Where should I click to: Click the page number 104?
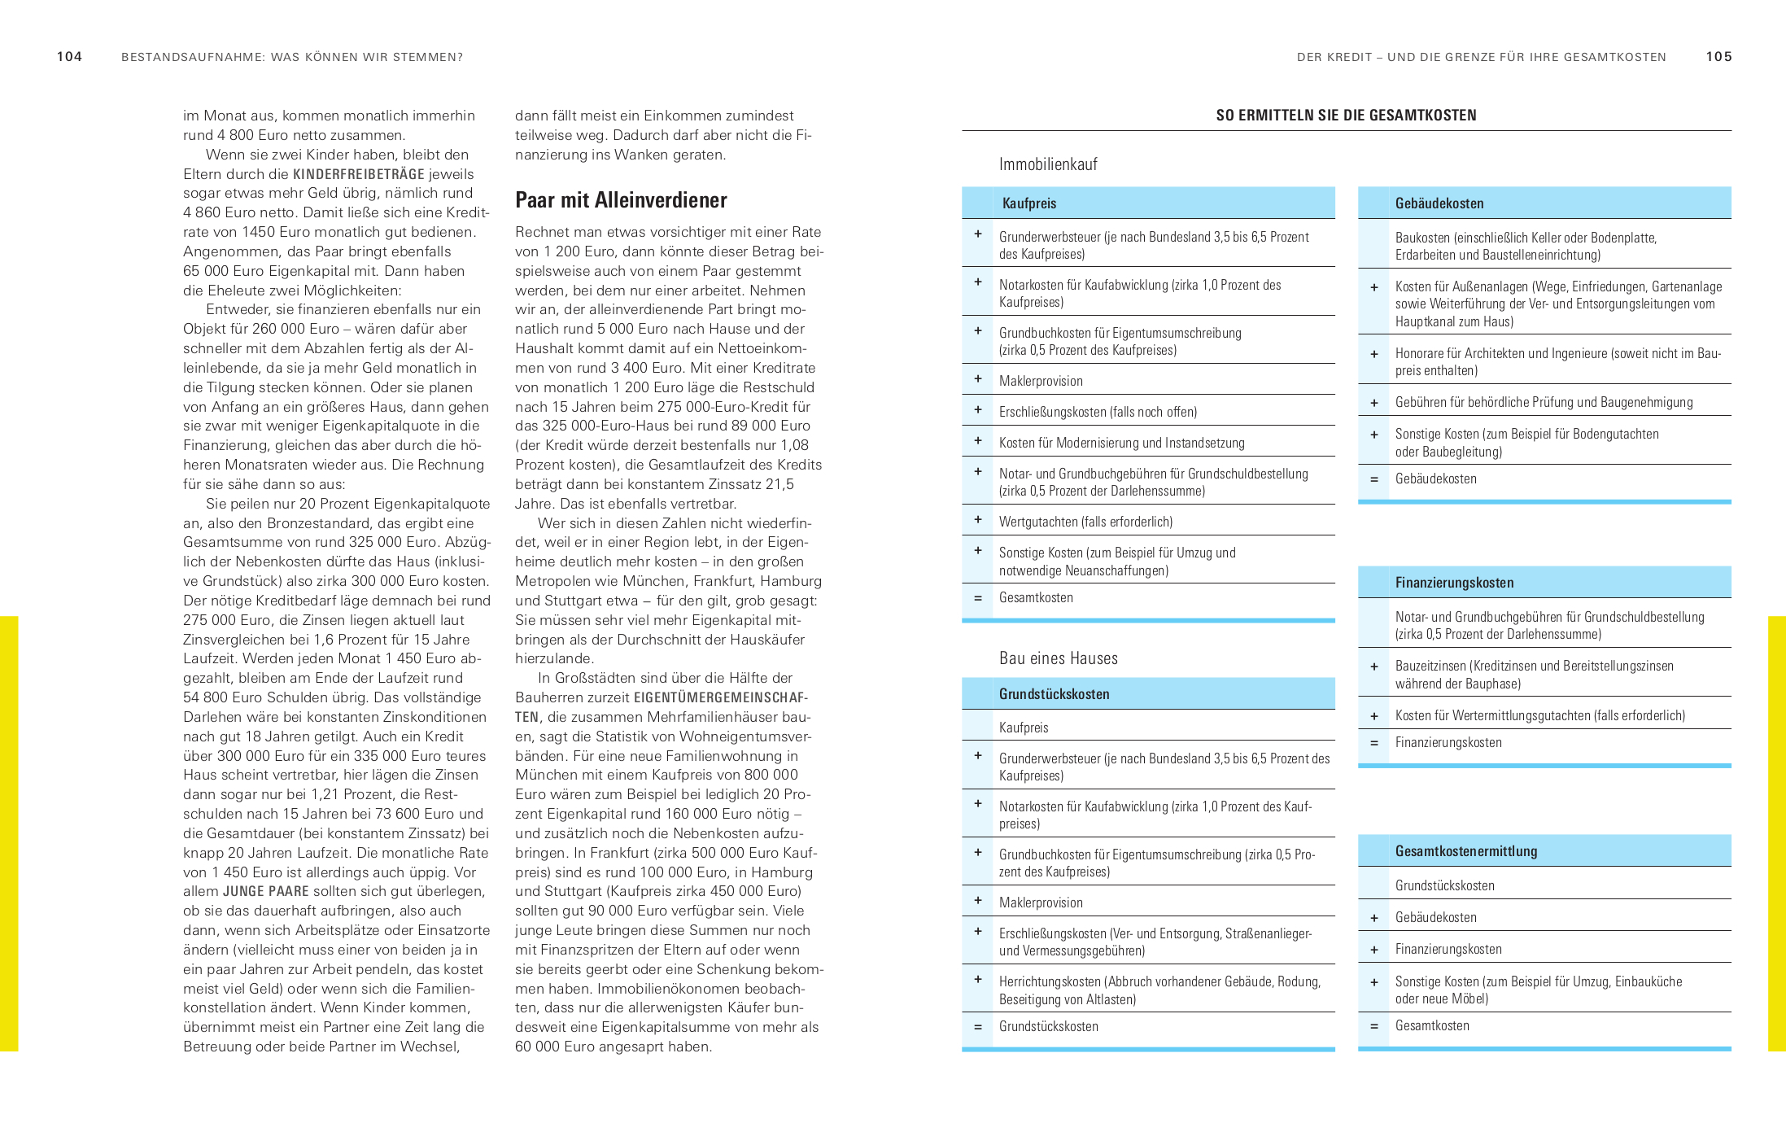(x=69, y=57)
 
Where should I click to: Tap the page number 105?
(x=1718, y=57)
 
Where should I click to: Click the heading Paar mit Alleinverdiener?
(x=621, y=200)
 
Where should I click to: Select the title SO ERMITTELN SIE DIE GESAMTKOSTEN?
(x=1346, y=116)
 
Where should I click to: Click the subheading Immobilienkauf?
(x=1048, y=164)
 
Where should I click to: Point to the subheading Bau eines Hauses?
(x=1058, y=658)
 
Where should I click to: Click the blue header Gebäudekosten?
(x=1439, y=203)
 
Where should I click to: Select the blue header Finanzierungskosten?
(x=1454, y=583)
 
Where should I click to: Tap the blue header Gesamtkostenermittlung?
(x=1465, y=851)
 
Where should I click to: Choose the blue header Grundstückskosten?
(x=1054, y=694)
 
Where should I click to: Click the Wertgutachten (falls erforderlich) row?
(x=1085, y=522)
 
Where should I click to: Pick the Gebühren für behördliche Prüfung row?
(x=1544, y=402)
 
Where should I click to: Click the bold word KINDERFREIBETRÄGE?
(x=358, y=174)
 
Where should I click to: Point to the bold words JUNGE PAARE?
(x=265, y=891)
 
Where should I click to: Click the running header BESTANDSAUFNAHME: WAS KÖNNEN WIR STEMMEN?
(x=292, y=57)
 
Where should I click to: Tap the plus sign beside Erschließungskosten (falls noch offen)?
(x=978, y=410)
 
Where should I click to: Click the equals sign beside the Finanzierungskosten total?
(x=1373, y=743)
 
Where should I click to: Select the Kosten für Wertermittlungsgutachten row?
(x=1539, y=715)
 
